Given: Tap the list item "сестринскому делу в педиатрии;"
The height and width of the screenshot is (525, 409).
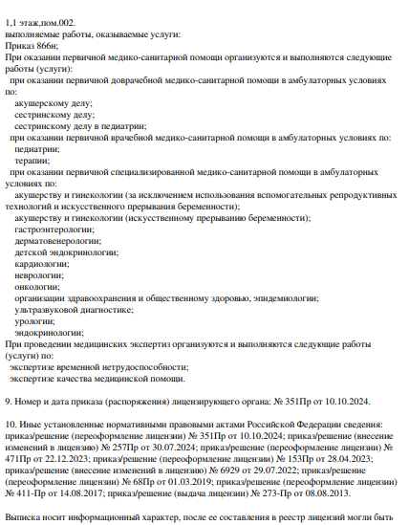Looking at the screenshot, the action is [81, 125].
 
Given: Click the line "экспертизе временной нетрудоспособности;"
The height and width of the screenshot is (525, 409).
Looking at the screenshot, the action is [99, 366].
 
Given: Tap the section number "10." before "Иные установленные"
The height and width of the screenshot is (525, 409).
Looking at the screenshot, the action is [11, 424].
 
